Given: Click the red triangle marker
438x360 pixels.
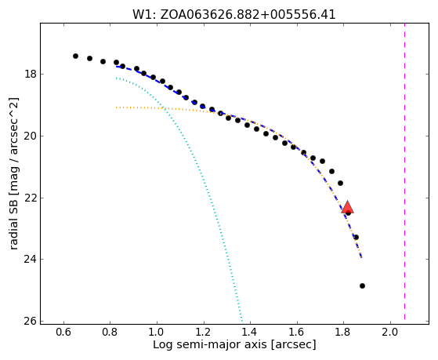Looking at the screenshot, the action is tap(347, 207).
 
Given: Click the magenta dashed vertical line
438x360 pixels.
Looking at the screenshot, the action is tap(404, 172).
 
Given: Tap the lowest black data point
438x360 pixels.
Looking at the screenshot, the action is tap(362, 285).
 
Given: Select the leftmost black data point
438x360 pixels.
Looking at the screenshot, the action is tap(75, 56).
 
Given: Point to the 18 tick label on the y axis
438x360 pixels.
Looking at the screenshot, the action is tap(31, 75).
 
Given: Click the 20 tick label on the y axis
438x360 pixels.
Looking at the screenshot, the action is tap(31, 136).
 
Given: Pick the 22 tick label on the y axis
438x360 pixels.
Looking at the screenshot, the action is tap(31, 198).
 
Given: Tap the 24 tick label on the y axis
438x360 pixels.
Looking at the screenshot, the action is tap(31, 260).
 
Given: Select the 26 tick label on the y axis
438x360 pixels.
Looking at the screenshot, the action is tap(31, 321).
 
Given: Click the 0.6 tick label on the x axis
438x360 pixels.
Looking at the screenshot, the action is tap(63, 332).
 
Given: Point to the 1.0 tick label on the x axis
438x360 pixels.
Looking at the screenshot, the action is tap(157, 332).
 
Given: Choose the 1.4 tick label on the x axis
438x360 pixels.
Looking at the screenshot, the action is tap(250, 332).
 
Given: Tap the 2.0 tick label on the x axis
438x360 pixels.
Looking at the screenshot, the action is tap(390, 332).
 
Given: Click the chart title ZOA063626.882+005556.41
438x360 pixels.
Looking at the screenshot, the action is tap(248, 15).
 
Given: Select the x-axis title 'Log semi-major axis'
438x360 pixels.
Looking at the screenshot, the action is tap(210, 344).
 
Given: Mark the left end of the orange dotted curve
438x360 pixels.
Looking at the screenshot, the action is tap(117, 107).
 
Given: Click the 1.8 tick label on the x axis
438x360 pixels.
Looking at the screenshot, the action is tap(343, 332).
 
